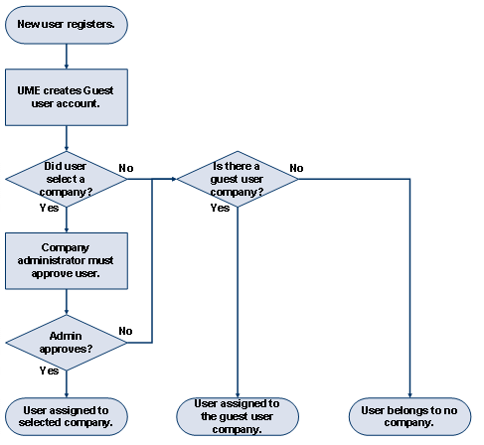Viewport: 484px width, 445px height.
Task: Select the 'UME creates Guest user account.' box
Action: pos(67,96)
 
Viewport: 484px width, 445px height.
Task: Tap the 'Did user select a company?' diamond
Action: pos(67,179)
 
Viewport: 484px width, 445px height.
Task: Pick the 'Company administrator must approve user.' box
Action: pos(67,260)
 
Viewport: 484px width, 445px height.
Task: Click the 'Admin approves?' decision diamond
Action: pos(67,343)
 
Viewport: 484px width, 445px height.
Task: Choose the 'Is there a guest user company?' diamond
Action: pos(238,179)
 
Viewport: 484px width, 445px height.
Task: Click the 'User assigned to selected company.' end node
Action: pos(67,415)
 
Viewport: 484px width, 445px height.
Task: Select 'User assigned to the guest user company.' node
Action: pos(238,416)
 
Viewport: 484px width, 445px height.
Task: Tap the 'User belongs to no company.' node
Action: pos(408,415)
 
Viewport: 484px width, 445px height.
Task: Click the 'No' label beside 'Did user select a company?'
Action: pos(126,167)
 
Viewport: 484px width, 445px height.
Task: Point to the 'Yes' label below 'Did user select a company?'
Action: pos(48,209)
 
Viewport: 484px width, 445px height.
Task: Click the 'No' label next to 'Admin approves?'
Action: pos(126,330)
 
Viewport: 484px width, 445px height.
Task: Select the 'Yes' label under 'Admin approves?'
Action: pos(48,371)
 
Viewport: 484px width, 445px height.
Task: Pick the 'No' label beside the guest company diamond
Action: pos(296,167)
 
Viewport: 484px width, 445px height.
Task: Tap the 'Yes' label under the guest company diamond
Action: pos(220,209)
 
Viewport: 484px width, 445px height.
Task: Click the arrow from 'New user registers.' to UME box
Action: pos(67,55)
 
